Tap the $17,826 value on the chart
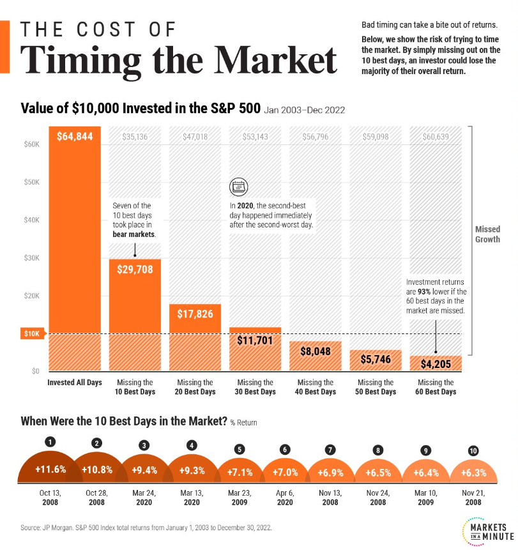point(194,314)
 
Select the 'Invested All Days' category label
point(74,383)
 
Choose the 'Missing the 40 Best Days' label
point(316,387)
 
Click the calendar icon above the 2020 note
point(238,187)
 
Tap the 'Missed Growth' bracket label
point(487,234)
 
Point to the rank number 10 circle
point(472,450)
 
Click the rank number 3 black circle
point(145,445)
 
